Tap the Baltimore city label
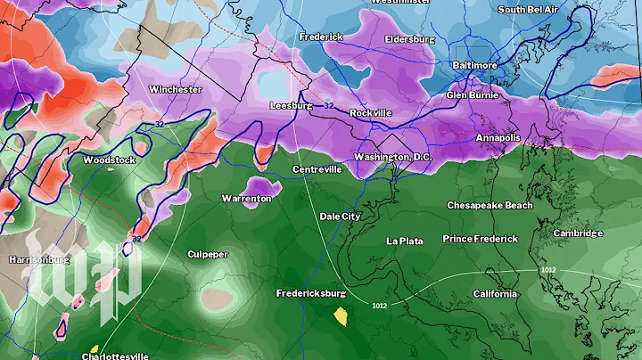click(x=473, y=66)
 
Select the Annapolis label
click(x=498, y=138)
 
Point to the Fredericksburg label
click(x=310, y=292)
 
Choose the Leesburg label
click(x=292, y=105)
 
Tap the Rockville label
click(x=370, y=113)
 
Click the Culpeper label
click(x=207, y=254)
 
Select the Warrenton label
click(x=246, y=198)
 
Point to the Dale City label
click(x=340, y=217)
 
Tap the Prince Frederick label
click(x=481, y=239)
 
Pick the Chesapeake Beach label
click(x=490, y=205)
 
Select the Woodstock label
click(x=109, y=160)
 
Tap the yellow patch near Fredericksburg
click(x=340, y=315)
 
